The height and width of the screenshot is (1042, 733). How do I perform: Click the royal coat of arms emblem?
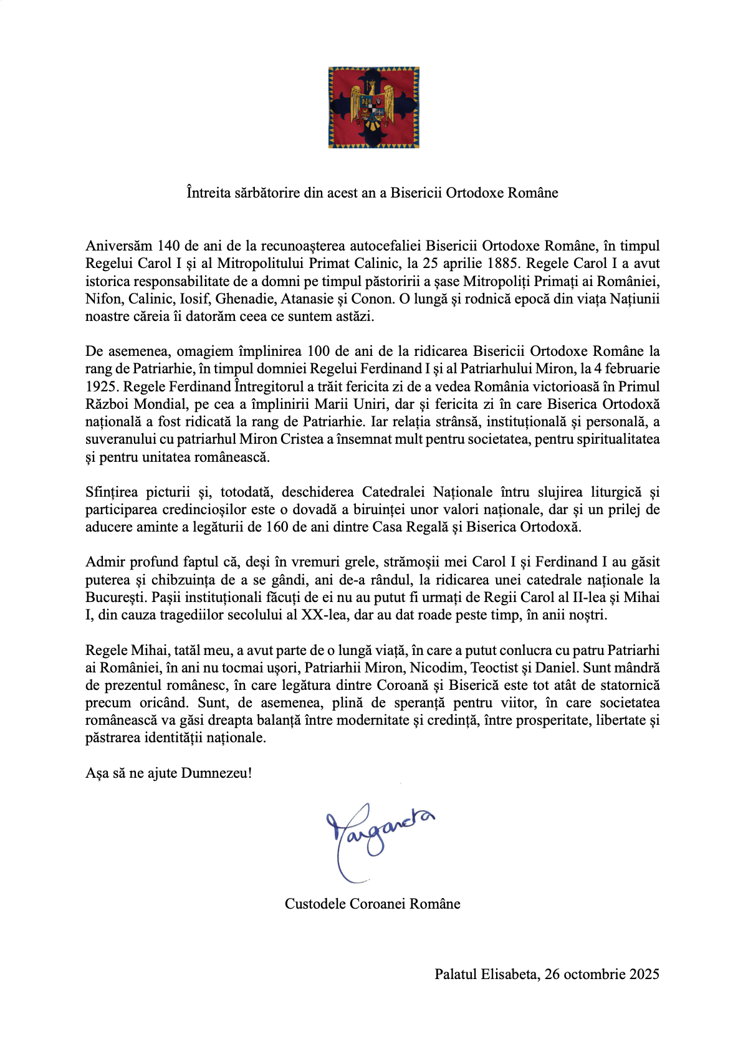pyautogui.click(x=373, y=107)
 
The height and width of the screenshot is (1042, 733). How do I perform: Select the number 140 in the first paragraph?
pyautogui.click(x=168, y=246)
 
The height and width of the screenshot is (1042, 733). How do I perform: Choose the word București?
pyautogui.click(x=115, y=598)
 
